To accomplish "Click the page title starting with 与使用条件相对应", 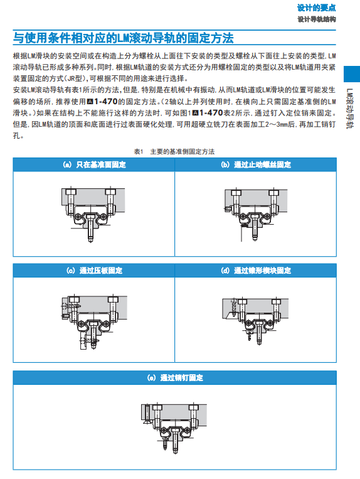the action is point(124,38).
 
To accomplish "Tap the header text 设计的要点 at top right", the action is point(316,8).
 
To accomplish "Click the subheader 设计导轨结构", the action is point(317,19).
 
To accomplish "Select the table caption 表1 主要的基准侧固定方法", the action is point(174,151).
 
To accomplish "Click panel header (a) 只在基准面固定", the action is point(94,164).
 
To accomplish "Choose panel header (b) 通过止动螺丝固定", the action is point(256,164).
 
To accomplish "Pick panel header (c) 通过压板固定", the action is point(94,271).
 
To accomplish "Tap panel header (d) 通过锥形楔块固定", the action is point(256,271).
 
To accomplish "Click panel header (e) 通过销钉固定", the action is point(175,377).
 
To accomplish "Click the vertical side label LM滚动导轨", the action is point(349,109).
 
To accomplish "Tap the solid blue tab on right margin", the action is point(352,74).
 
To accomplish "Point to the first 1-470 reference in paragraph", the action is point(106,102).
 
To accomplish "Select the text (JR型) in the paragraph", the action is point(75,78).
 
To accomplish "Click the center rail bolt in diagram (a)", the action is point(90,228).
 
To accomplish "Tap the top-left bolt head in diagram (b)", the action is point(236,193).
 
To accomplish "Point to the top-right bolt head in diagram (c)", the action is point(113,299).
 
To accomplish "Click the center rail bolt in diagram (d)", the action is point(259,332).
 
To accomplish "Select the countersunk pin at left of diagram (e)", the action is point(147,414).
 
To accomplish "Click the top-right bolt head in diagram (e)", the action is point(194,407).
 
